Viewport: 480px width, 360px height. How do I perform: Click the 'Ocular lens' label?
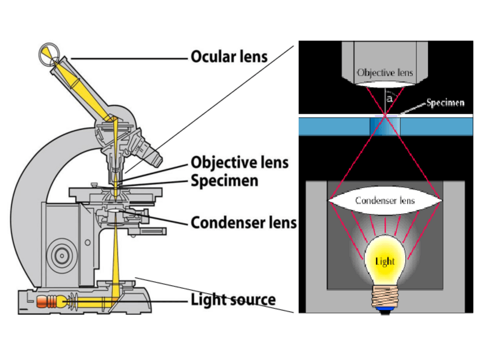click(229, 57)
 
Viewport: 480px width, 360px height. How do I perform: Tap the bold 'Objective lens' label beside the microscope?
click(239, 162)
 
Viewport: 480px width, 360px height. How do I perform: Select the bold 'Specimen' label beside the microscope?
click(224, 181)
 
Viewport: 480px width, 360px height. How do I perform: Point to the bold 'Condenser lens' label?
click(243, 222)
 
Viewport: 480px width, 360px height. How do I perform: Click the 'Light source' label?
click(233, 299)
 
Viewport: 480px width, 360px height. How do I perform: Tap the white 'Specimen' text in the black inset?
click(445, 102)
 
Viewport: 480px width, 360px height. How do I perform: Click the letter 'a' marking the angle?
click(389, 98)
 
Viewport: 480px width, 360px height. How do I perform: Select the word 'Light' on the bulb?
click(385, 261)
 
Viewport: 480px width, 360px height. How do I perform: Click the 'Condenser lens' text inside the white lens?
click(385, 200)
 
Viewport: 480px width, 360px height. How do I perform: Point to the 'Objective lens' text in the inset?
click(385, 73)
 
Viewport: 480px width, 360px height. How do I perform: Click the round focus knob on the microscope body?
click(62, 255)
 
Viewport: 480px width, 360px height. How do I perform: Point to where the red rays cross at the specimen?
click(385, 115)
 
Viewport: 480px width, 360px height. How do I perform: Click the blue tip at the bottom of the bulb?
click(385, 310)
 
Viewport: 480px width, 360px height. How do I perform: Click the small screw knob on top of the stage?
click(95, 185)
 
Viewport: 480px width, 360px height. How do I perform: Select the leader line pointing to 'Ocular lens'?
click(129, 58)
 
